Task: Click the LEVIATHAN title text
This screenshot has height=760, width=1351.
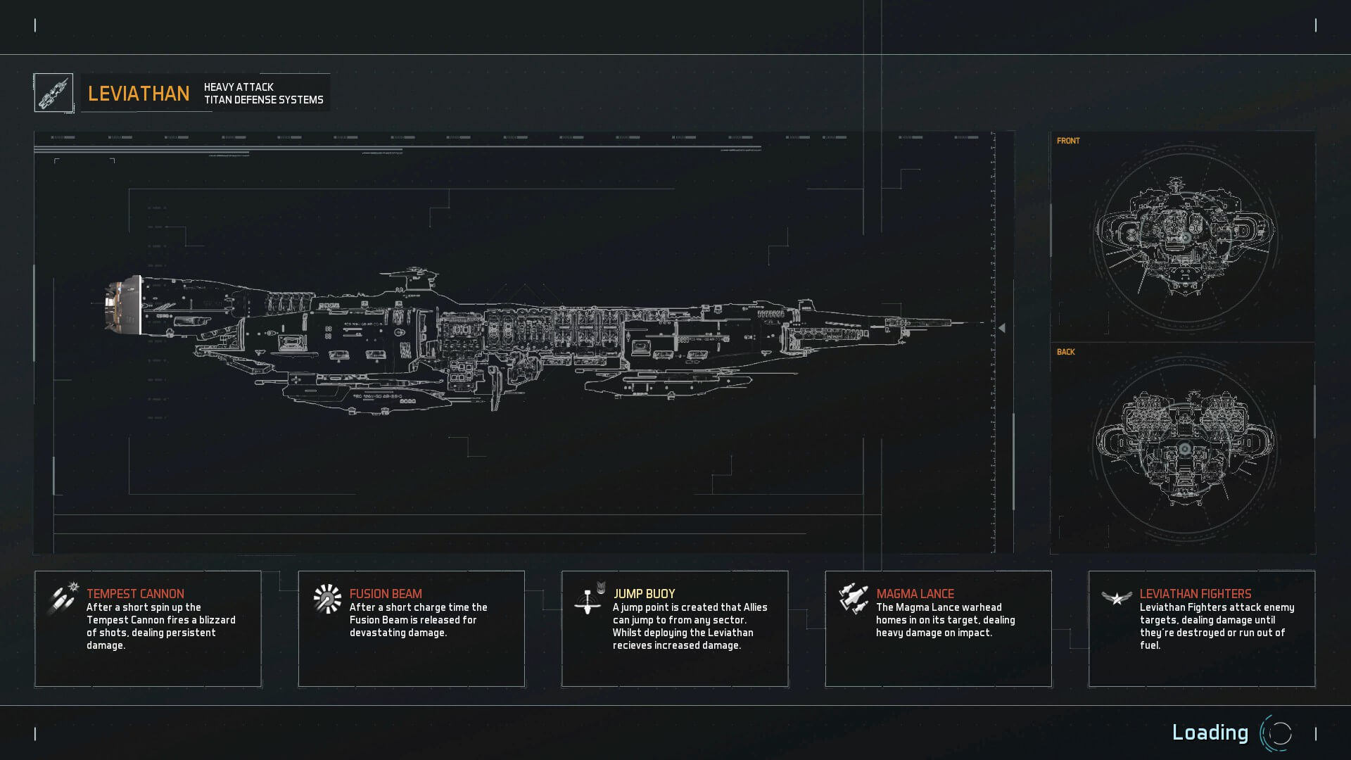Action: click(x=139, y=94)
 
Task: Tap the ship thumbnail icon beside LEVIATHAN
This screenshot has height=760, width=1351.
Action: click(x=53, y=93)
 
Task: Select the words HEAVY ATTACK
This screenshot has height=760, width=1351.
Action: click(x=239, y=87)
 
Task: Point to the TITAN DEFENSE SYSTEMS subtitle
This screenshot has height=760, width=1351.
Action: click(x=264, y=100)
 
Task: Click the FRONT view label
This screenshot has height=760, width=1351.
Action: click(x=1068, y=141)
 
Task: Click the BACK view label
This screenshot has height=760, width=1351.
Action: click(x=1065, y=352)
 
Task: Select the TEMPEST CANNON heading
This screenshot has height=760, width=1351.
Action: click(x=135, y=594)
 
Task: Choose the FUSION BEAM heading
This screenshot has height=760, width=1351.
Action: click(x=386, y=594)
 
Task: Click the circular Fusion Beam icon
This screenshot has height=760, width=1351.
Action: click(x=327, y=599)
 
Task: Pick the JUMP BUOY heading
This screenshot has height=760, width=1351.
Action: click(x=644, y=594)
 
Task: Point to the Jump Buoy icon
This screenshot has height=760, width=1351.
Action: click(x=589, y=599)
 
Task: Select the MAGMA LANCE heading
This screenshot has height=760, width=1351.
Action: click(x=915, y=594)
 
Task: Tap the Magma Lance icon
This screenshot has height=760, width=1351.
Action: click(x=853, y=598)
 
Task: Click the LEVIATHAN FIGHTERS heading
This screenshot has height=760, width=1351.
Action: click(x=1195, y=594)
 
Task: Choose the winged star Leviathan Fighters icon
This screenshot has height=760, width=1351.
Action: click(x=1116, y=598)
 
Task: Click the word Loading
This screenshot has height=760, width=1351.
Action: click(x=1210, y=733)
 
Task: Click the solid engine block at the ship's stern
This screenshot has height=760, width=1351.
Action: click(x=122, y=304)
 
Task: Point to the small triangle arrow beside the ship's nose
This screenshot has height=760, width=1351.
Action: click(x=1002, y=328)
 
